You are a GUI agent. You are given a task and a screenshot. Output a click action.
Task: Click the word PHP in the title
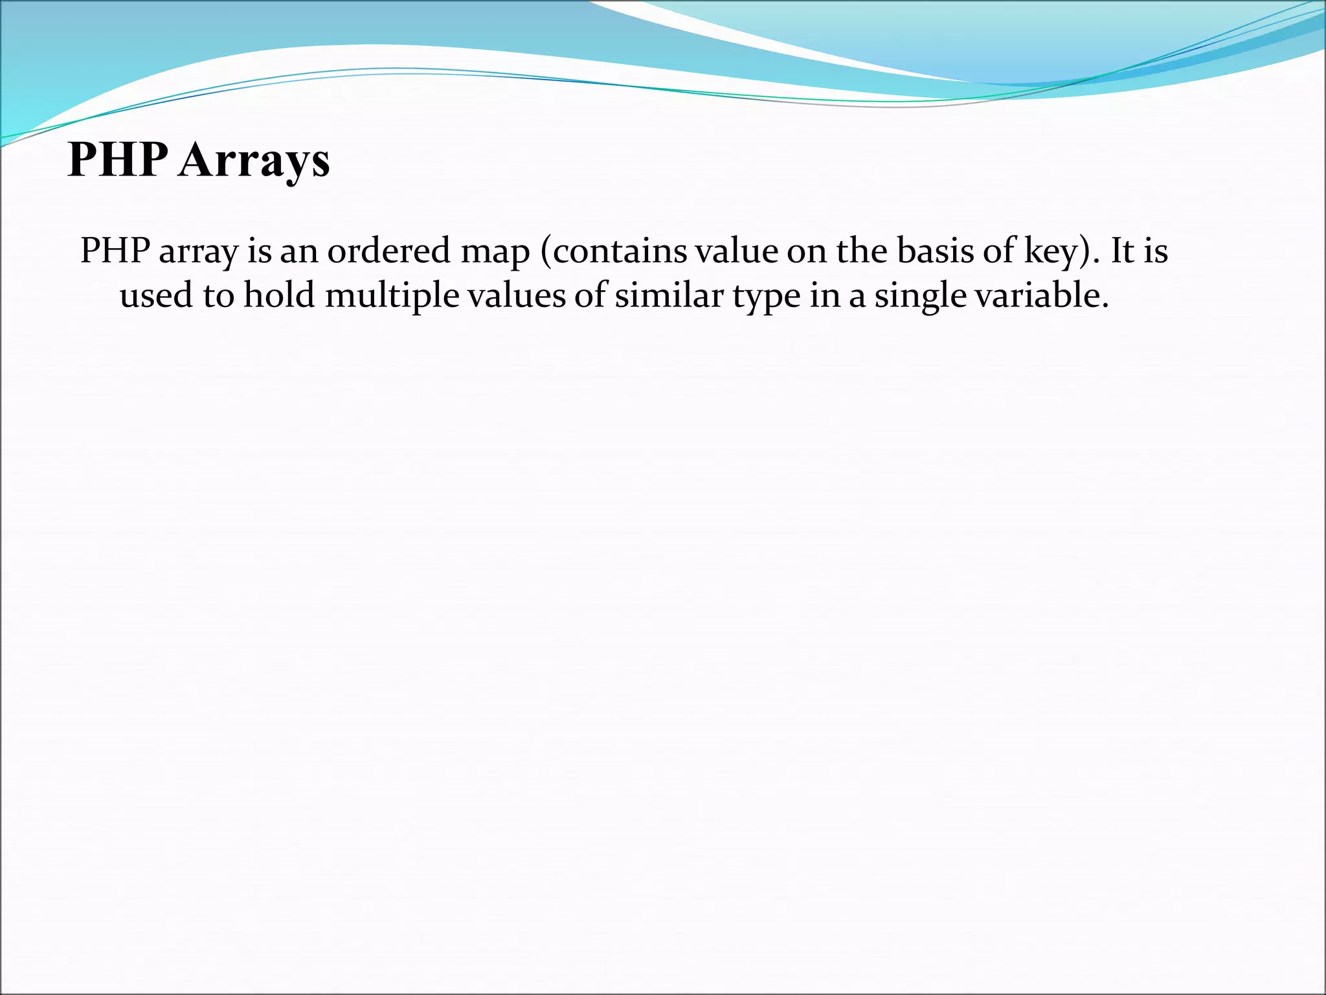coord(118,159)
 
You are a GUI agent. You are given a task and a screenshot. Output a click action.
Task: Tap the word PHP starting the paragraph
coord(115,251)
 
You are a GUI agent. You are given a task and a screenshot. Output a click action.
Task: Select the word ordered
coord(388,251)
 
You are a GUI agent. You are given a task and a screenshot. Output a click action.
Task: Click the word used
coord(156,295)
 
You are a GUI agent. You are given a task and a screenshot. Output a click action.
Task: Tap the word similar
coord(669,295)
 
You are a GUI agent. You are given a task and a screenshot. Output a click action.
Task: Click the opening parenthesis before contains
coord(545,251)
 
